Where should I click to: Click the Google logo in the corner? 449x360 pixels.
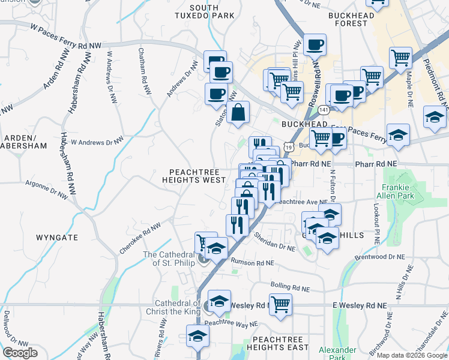coord(20,353)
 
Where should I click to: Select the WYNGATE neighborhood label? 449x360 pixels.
coord(56,238)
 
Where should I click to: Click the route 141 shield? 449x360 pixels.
coord(324,110)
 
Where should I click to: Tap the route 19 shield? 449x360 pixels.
coord(290,147)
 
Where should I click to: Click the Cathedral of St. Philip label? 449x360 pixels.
coord(170,259)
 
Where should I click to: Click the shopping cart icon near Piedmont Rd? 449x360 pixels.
coord(400,58)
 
